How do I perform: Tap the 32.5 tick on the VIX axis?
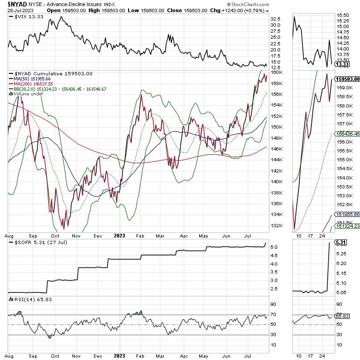275,19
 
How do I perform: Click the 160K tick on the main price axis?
276,72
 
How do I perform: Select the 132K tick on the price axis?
276,225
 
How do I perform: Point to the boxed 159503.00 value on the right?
347,79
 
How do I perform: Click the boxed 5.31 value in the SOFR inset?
341,242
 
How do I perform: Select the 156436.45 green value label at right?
347,133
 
